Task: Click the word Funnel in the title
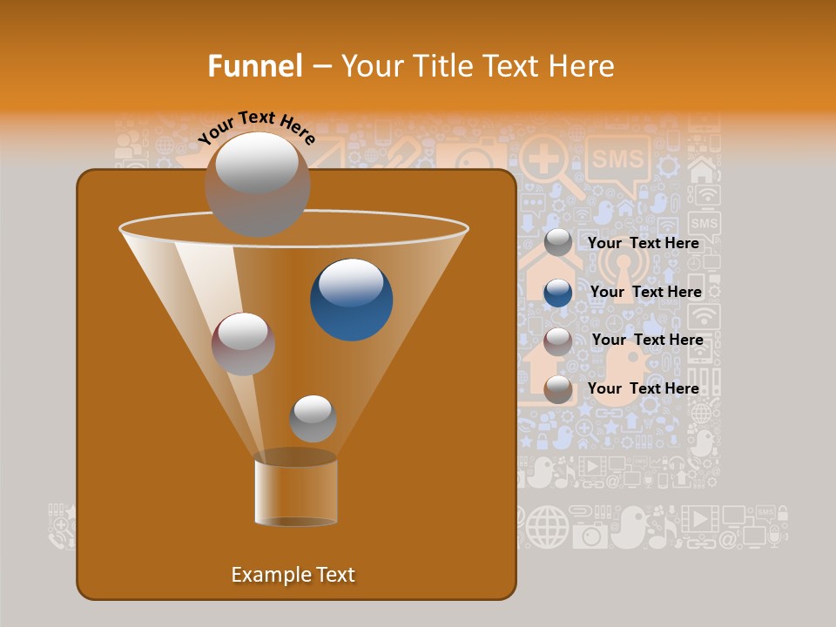click(x=254, y=65)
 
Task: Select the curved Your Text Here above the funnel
click(x=256, y=126)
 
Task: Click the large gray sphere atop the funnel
click(x=257, y=183)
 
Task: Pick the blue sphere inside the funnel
click(x=352, y=300)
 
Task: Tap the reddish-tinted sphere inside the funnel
click(x=244, y=344)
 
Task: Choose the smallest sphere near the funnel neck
click(x=313, y=418)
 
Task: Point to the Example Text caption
click(x=293, y=575)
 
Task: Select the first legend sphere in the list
click(x=558, y=243)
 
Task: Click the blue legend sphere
click(x=558, y=293)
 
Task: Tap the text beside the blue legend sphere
click(x=645, y=292)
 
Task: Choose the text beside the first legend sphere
click(x=644, y=243)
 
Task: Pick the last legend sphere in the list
click(x=558, y=389)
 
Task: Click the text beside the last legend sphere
click(x=644, y=388)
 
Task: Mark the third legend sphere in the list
click(x=558, y=341)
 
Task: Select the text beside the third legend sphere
click(x=647, y=340)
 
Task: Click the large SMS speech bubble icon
click(x=617, y=160)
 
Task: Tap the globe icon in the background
click(x=547, y=526)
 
